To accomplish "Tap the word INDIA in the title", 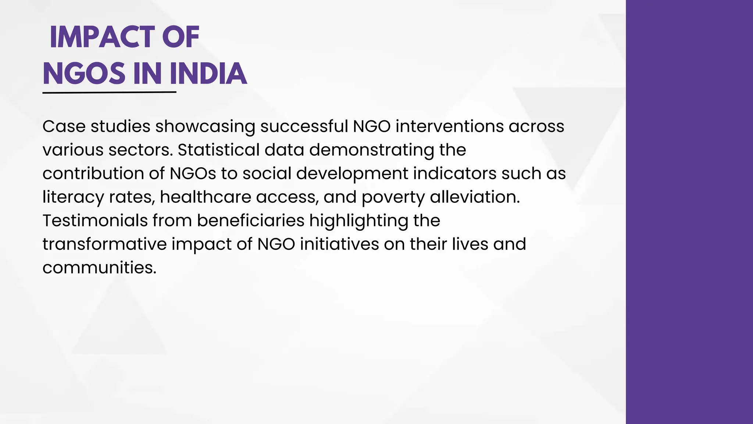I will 208,74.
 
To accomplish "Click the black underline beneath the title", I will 109,92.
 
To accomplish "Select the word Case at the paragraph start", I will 64,127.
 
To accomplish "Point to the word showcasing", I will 205,127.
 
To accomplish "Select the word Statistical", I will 219,150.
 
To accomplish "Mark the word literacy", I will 73,197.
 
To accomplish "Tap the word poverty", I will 393,197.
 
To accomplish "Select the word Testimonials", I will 95,221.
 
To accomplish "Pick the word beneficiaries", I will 251,221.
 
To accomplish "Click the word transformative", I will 105,244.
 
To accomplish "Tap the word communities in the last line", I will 99,268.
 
